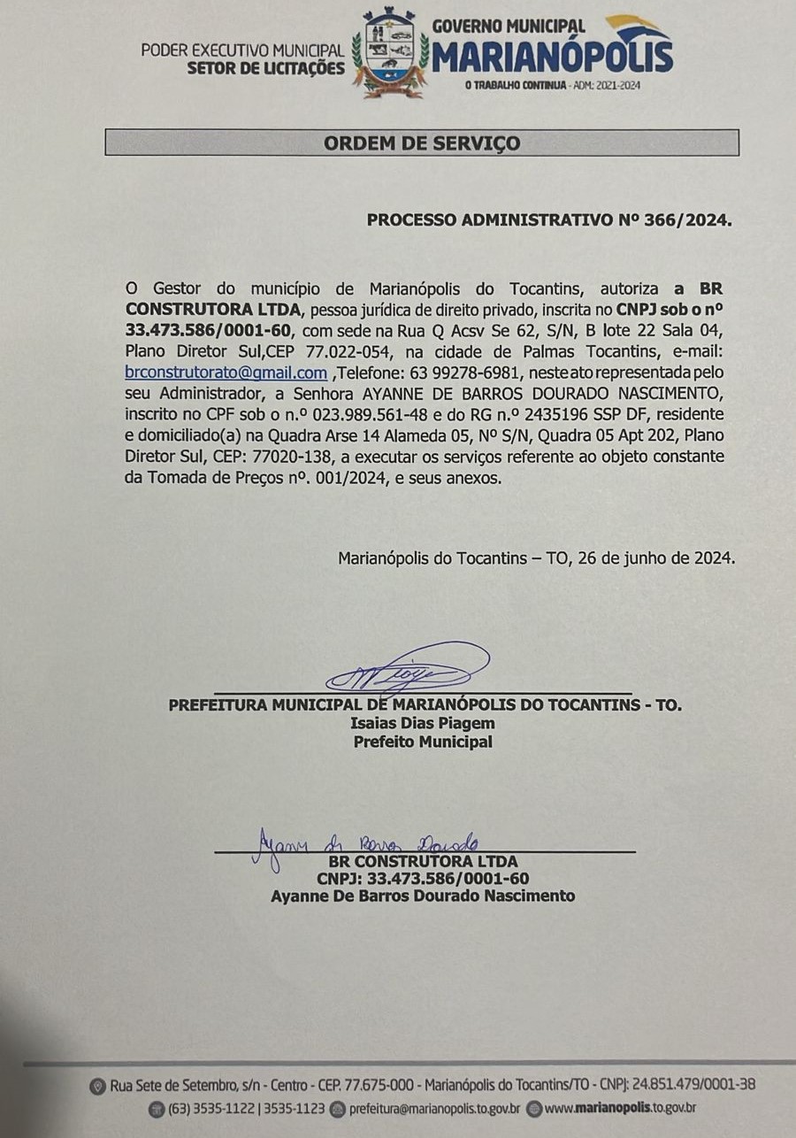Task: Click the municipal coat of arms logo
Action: point(389,53)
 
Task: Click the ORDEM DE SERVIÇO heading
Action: point(421,142)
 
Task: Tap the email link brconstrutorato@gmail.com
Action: point(226,373)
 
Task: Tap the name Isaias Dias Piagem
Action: point(423,724)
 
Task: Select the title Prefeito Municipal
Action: point(423,742)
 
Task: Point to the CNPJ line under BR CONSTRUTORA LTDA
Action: point(423,878)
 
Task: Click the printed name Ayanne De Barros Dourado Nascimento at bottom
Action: point(423,896)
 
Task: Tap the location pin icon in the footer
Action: point(97,1086)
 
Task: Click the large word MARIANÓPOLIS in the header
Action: point(553,56)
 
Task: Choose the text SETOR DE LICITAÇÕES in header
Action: point(265,67)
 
